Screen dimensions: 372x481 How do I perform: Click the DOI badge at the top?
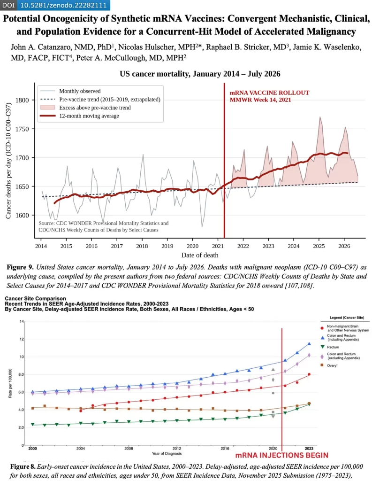pyautogui.click(x=55, y=5)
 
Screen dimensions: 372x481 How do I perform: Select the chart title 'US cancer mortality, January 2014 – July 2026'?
pyautogui.click(x=200, y=74)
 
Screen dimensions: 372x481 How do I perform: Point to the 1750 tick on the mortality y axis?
pyautogui.click(x=22, y=129)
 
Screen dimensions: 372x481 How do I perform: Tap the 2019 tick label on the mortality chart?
pyautogui.click(x=167, y=246)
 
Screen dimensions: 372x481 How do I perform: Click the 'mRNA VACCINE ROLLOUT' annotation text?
pyautogui.click(x=270, y=93)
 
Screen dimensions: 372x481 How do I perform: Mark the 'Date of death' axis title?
pyautogui.click(x=200, y=255)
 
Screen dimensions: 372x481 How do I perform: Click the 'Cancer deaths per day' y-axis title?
pyautogui.click(x=8, y=161)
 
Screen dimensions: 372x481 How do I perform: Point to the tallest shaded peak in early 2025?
pyautogui.click(x=320, y=117)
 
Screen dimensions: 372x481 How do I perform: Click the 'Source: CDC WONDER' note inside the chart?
pyautogui.click(x=104, y=226)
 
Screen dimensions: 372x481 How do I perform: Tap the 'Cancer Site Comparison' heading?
pyautogui.click(x=35, y=298)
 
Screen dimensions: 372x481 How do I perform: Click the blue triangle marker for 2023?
pyautogui.click(x=309, y=344)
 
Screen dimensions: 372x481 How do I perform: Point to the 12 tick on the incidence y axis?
pyautogui.click(x=22, y=339)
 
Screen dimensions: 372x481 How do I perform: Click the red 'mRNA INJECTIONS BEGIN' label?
pyautogui.click(x=281, y=455)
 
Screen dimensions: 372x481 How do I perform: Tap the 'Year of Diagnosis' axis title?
pyautogui.click(x=167, y=453)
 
